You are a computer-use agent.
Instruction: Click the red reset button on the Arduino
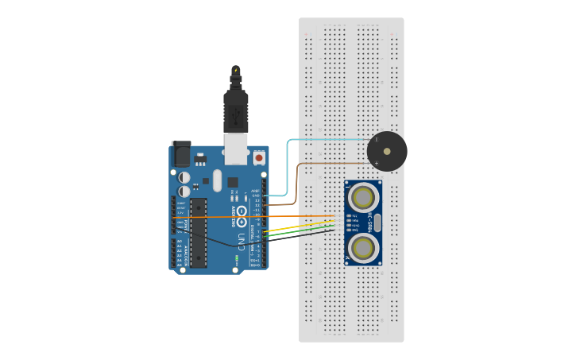pyautogui.click(x=258, y=158)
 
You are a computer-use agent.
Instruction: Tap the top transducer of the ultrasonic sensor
pyautogui.click(x=363, y=198)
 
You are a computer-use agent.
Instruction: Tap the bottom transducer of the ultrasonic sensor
pyautogui.click(x=363, y=248)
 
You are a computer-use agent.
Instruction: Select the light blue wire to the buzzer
pyautogui.click(x=289, y=159)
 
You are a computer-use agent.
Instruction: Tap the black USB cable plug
pyautogui.click(x=236, y=112)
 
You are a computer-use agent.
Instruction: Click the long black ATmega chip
pyautogui.click(x=199, y=233)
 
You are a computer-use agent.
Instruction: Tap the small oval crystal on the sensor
pyautogui.click(x=377, y=223)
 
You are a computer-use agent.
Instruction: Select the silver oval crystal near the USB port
pyautogui.click(x=217, y=180)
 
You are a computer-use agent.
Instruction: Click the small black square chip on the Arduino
pyautogui.click(x=233, y=181)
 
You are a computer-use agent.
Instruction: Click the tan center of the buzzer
pyautogui.click(x=387, y=151)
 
